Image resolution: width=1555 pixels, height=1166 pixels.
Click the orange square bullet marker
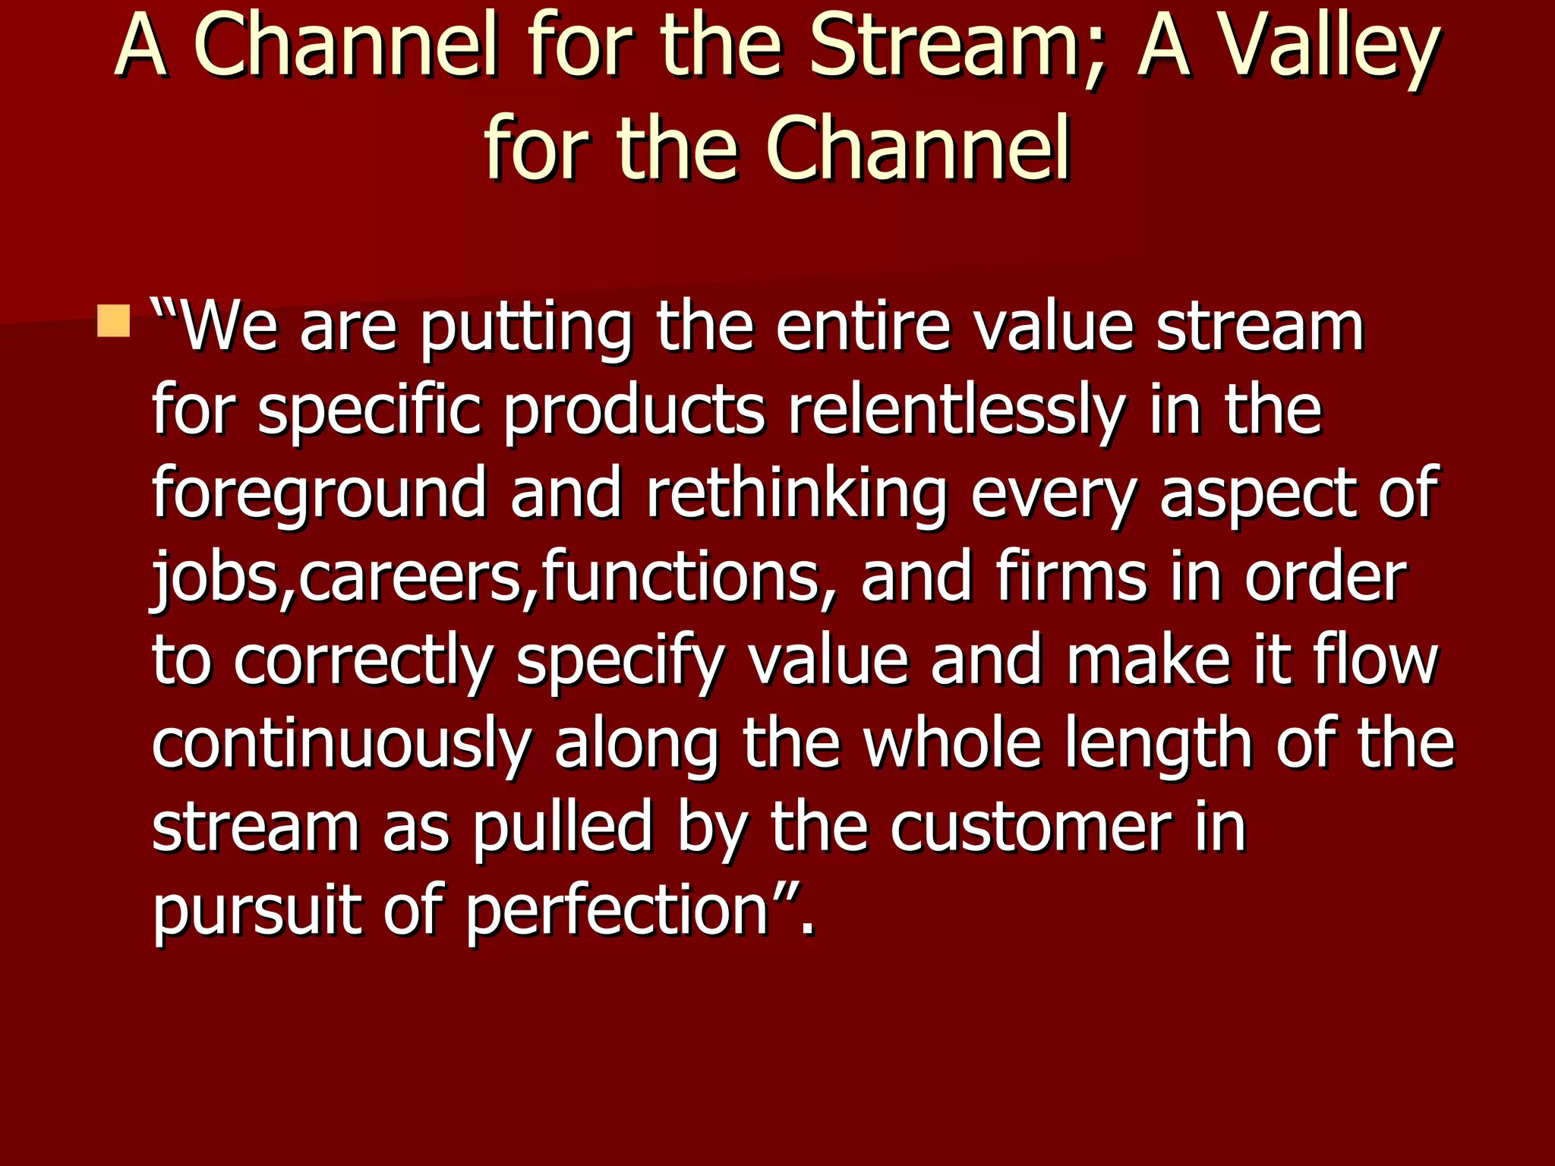(x=114, y=321)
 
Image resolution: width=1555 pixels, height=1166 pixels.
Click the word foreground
(x=319, y=495)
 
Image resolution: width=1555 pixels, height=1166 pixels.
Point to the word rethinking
(x=796, y=495)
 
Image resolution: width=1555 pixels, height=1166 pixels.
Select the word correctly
(x=364, y=662)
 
